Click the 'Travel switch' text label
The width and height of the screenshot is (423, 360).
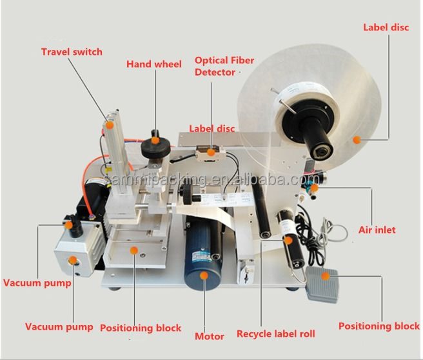click(x=72, y=52)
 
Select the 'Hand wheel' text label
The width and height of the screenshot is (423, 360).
click(x=154, y=65)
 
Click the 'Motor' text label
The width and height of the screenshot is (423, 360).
click(x=210, y=336)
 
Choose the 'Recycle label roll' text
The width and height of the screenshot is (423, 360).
click(x=275, y=334)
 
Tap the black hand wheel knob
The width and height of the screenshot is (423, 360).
click(x=155, y=143)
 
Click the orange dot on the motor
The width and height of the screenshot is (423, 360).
click(x=204, y=277)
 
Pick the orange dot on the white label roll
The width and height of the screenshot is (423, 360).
click(x=355, y=139)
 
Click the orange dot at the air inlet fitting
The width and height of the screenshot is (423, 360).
click(x=314, y=188)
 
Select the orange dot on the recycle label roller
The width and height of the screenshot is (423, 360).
click(x=288, y=241)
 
